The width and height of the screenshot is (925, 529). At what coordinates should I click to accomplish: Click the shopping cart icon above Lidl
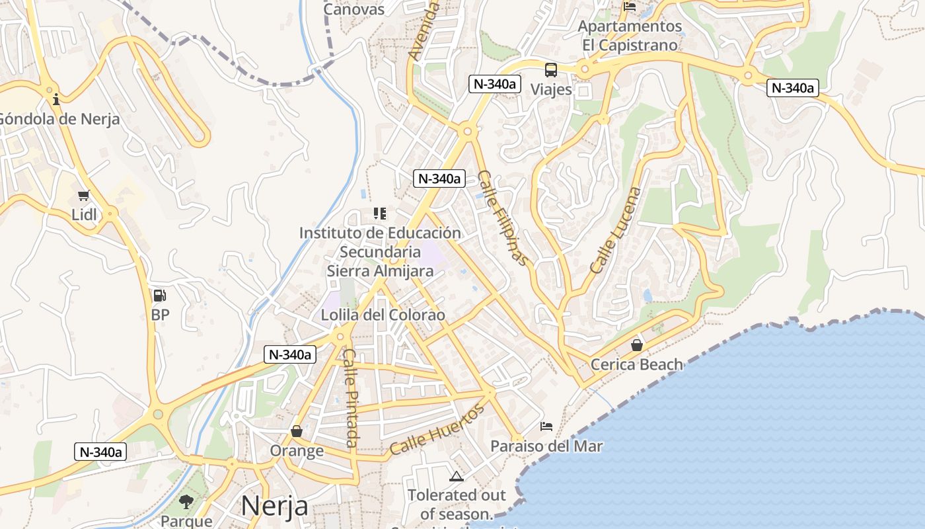tap(83, 196)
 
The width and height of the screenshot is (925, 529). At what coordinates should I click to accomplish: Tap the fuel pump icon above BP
tap(159, 296)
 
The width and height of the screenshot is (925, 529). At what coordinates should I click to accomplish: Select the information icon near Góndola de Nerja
tap(56, 100)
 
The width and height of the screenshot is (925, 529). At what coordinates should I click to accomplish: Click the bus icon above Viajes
tap(550, 70)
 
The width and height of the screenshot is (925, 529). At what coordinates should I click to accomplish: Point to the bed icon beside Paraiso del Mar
tap(546, 426)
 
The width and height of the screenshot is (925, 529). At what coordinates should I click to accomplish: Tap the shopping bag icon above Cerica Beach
tap(636, 345)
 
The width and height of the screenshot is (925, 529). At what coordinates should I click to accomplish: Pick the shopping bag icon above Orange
tap(297, 431)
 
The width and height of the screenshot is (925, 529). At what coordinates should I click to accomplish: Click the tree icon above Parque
tap(186, 501)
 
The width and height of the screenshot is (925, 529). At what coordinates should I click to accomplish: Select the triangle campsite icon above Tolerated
tap(456, 476)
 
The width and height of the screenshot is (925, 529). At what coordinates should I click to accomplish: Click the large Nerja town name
tap(274, 506)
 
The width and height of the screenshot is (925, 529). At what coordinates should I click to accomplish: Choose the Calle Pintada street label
tap(351, 407)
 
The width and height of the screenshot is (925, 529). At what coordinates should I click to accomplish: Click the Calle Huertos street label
tap(437, 429)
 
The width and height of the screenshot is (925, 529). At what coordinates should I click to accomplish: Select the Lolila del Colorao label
tap(383, 315)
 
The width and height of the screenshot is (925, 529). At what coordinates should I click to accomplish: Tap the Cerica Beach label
tap(636, 364)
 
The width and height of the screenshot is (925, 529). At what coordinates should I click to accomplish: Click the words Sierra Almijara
tap(381, 271)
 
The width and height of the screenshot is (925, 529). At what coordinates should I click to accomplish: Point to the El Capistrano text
tap(630, 46)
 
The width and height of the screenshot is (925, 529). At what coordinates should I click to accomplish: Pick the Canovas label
tap(353, 9)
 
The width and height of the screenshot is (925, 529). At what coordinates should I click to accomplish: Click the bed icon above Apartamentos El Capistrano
tap(630, 7)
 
